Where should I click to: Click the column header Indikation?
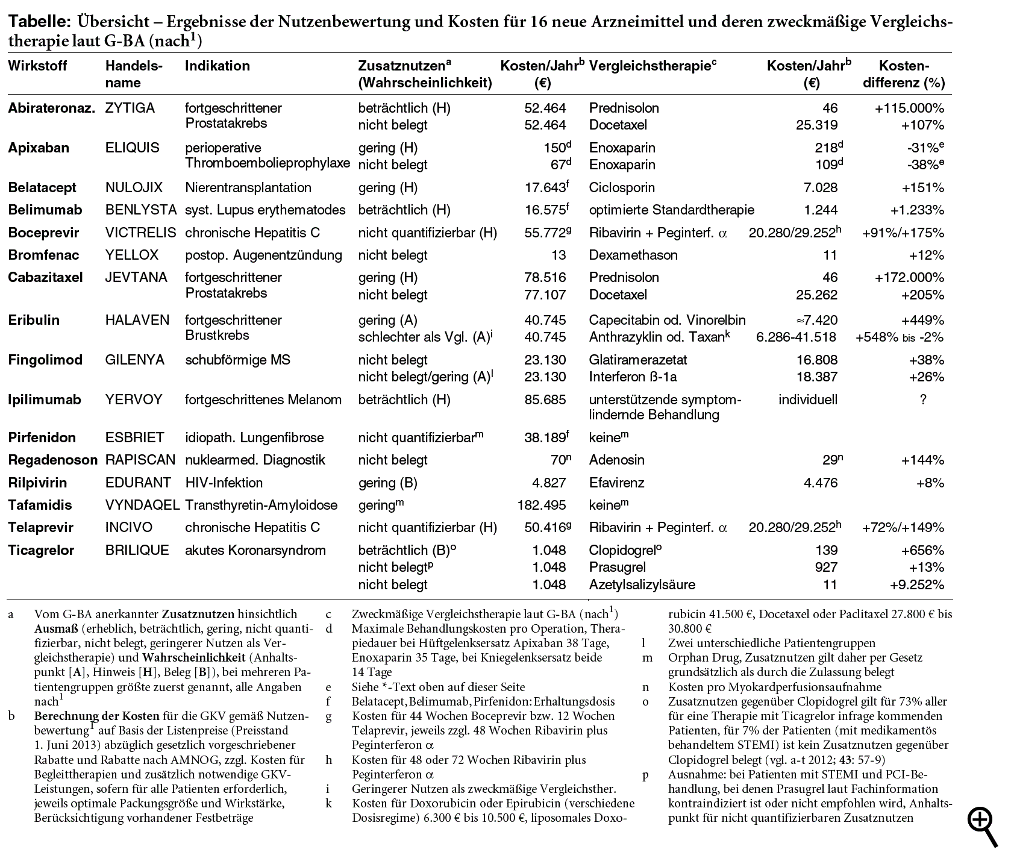[x=217, y=66]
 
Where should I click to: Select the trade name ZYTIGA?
[x=130, y=108]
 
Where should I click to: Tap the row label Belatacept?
[x=42, y=188]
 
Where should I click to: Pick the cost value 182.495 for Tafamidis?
[x=542, y=506]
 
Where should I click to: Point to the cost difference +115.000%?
[x=909, y=108]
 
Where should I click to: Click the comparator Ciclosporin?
[x=622, y=188]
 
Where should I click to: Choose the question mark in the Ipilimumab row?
[x=923, y=400]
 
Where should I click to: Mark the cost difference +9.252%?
[x=916, y=585]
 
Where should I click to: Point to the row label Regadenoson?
[x=52, y=460]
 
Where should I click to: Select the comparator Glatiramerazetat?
[x=638, y=360]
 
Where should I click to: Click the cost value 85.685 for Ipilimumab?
[x=545, y=400]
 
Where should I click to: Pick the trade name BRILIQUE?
[x=137, y=551]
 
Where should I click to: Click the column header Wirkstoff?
[x=37, y=66]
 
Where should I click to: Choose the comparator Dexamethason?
[x=633, y=255]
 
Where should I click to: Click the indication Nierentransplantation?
[x=248, y=188]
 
